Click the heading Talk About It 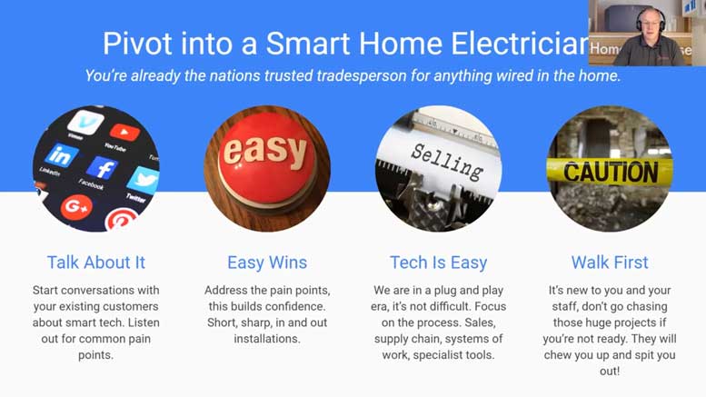[95, 263]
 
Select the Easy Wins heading [267, 263]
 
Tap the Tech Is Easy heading [438, 263]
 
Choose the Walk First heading [610, 263]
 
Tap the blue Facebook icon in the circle [102, 168]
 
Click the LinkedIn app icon [61, 154]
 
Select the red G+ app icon [76, 206]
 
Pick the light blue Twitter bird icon [142, 179]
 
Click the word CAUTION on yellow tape [610, 171]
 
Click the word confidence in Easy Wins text [293, 306]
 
